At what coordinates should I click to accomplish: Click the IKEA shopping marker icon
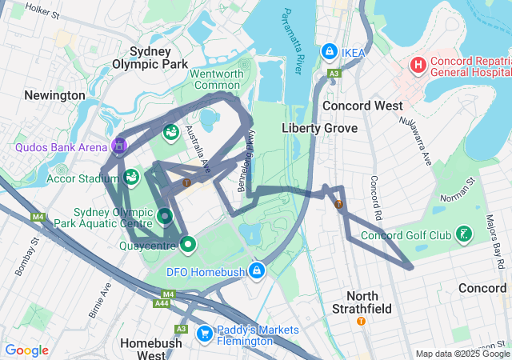pos(328,51)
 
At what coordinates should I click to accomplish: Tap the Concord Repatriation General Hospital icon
pos(417,64)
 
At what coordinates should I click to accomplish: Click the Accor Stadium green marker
pos(130,176)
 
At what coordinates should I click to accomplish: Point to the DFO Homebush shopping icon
pos(256,271)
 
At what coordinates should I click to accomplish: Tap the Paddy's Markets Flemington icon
pos(204,331)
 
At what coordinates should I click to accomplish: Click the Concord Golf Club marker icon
pos(462,235)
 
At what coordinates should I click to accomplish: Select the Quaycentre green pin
pos(188,244)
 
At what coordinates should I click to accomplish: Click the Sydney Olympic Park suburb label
pos(150,58)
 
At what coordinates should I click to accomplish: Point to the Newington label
pos(54,95)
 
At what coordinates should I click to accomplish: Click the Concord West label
pos(357,106)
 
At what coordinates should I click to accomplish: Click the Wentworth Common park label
pos(215,79)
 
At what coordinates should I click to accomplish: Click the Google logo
pos(26,350)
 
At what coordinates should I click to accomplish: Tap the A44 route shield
pos(162,303)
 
